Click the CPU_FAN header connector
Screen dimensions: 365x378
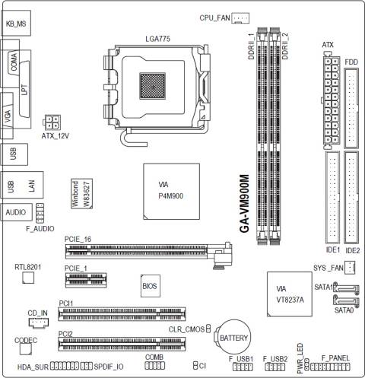tap(240, 18)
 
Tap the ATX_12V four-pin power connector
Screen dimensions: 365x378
tap(52, 122)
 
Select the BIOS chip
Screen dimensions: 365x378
tap(151, 286)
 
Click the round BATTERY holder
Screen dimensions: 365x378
tap(233, 337)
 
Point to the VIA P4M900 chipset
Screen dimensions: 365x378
tap(171, 192)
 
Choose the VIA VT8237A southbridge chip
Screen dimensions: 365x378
tap(290, 294)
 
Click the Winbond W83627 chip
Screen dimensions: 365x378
tap(81, 194)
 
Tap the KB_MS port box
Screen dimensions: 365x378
tap(16, 23)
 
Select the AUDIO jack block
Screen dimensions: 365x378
tap(16, 212)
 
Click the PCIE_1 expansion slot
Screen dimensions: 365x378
tap(86, 280)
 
